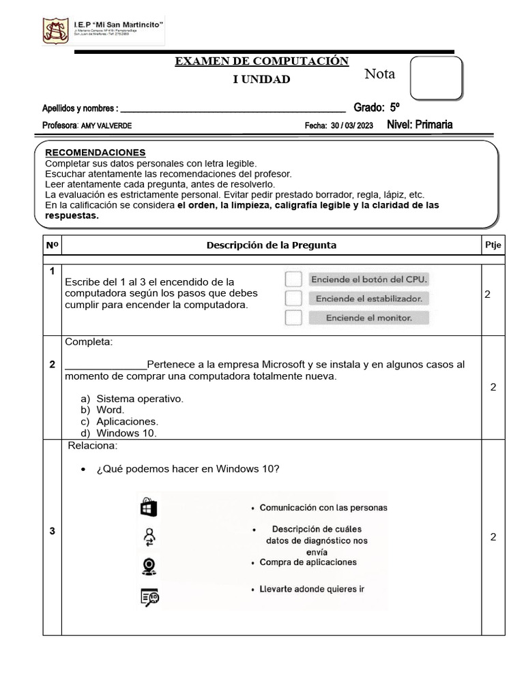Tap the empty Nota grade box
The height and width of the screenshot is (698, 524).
[x=436, y=78]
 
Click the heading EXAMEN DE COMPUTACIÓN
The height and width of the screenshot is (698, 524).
[x=262, y=61]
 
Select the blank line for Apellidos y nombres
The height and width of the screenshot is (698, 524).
[x=232, y=108]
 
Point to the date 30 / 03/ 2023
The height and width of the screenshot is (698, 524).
[x=352, y=126]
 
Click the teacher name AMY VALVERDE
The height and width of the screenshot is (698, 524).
[x=106, y=126]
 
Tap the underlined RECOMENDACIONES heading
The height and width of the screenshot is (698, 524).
[x=96, y=152]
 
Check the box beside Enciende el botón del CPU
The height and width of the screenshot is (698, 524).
[x=293, y=279]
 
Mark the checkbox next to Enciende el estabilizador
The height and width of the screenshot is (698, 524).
[x=293, y=299]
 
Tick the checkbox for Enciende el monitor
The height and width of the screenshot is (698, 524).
[x=293, y=318]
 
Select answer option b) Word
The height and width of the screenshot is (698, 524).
[x=110, y=410]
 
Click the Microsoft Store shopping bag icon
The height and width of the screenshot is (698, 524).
[x=148, y=508]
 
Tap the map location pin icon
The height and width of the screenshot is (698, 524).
[x=149, y=566]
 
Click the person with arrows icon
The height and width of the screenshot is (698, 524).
[x=149, y=537]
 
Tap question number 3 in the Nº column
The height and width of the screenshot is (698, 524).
[x=52, y=532]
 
